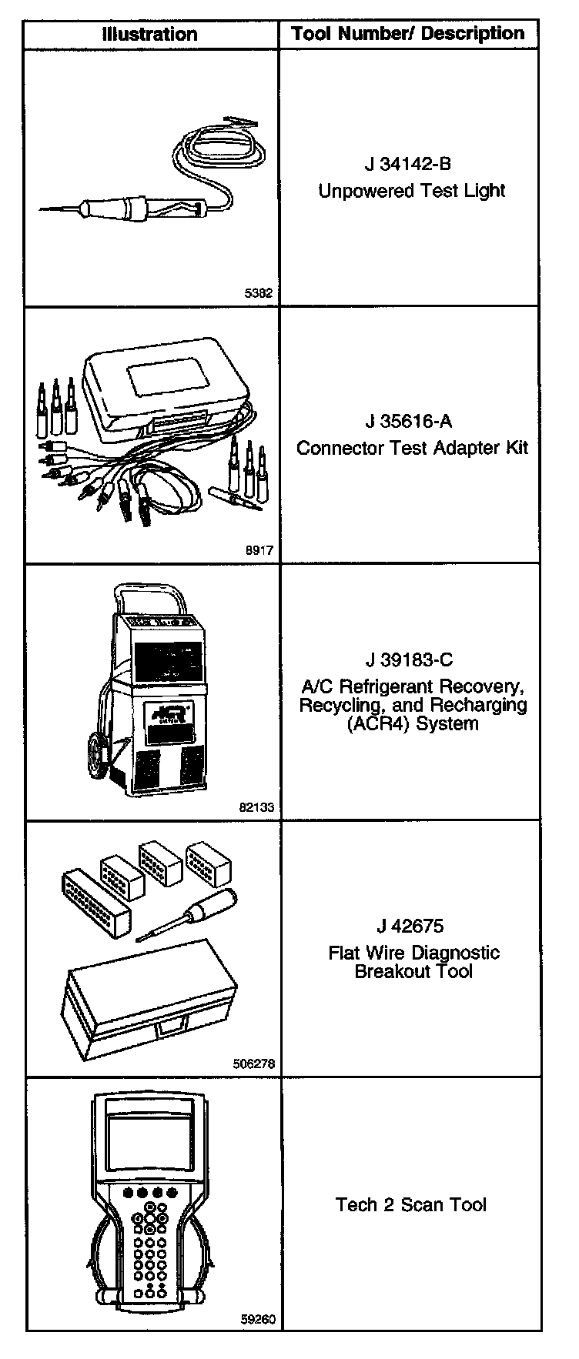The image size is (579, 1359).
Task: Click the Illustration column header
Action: click(x=150, y=35)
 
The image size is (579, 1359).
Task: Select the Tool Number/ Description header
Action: click(x=408, y=34)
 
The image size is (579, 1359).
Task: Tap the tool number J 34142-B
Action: click(x=408, y=165)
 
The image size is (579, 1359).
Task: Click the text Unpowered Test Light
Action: click(x=412, y=191)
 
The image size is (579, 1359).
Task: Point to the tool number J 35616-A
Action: click(x=408, y=422)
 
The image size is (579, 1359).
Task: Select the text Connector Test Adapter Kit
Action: click(x=413, y=448)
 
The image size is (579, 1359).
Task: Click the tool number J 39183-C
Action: click(x=409, y=659)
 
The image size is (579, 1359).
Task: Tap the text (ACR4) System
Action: click(x=413, y=724)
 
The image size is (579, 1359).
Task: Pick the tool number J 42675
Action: click(x=410, y=927)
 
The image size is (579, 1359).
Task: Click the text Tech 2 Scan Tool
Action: click(x=411, y=1204)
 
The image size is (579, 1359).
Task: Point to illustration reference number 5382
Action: click(x=259, y=292)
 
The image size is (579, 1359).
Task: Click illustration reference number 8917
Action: click(x=259, y=550)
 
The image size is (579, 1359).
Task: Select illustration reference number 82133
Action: click(x=256, y=807)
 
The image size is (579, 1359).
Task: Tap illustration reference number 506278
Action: click(x=253, y=1064)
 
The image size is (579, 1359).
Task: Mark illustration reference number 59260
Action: click(x=257, y=1319)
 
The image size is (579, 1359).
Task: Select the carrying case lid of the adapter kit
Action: click(x=166, y=385)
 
